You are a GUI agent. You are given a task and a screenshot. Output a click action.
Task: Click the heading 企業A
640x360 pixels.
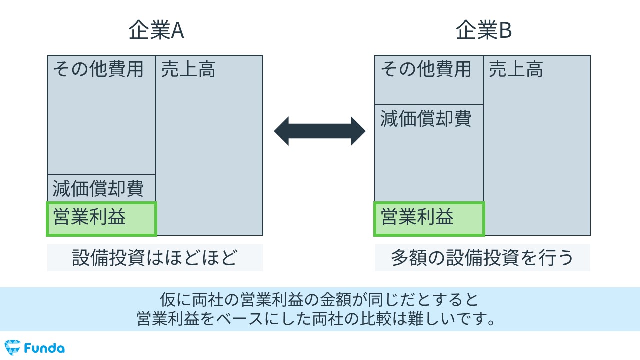coord(156,31)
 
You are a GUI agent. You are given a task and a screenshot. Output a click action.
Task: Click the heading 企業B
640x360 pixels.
coord(483,31)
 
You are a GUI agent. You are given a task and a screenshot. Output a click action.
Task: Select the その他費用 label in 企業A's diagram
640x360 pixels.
coord(98,69)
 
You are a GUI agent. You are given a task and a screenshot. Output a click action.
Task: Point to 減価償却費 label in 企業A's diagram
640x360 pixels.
coord(98,189)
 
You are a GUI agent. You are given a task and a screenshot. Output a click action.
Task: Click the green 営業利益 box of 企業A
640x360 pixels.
coord(102,218)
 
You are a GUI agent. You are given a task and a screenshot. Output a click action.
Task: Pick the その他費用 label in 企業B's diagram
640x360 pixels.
coord(426,69)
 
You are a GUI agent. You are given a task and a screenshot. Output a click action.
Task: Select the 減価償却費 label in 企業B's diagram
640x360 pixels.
coord(426,119)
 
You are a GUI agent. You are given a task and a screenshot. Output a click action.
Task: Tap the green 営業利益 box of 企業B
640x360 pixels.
coord(429,218)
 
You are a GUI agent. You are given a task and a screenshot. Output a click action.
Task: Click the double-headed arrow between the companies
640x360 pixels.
coord(320,131)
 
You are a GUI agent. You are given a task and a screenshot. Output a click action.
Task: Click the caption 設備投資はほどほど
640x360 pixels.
coord(155,258)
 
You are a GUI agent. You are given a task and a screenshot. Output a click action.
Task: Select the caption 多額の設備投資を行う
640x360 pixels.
coord(482,258)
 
